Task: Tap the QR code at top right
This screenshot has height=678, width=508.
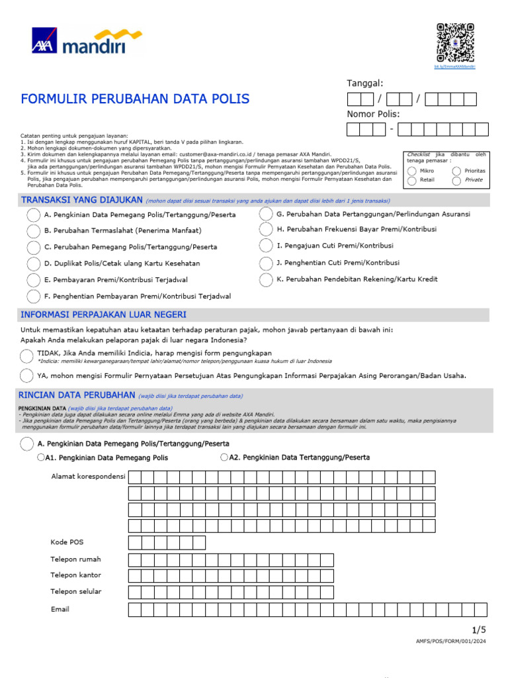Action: click(455, 42)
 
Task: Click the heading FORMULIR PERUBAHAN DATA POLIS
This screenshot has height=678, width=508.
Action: click(136, 99)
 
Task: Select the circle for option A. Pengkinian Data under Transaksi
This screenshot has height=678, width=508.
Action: click(34, 215)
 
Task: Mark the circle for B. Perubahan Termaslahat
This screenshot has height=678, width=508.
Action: click(34, 231)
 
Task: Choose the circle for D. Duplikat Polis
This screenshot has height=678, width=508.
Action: click(34, 264)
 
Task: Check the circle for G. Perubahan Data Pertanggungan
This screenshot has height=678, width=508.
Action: click(266, 214)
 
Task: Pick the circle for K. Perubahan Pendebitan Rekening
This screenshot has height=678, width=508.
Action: click(266, 279)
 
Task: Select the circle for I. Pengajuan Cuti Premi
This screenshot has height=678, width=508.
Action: click(266, 246)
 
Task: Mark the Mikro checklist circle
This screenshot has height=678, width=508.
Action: click(412, 171)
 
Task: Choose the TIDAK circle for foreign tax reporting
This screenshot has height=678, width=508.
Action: click(26, 356)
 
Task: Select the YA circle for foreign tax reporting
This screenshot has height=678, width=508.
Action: click(26, 376)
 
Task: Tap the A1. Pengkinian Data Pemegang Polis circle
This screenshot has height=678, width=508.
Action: click(42, 458)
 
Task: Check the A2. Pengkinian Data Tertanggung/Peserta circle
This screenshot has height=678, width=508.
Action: click(225, 457)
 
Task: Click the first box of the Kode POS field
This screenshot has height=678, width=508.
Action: click(135, 543)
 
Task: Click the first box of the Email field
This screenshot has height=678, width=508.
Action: click(135, 610)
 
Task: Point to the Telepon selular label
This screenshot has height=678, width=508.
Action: click(76, 592)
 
